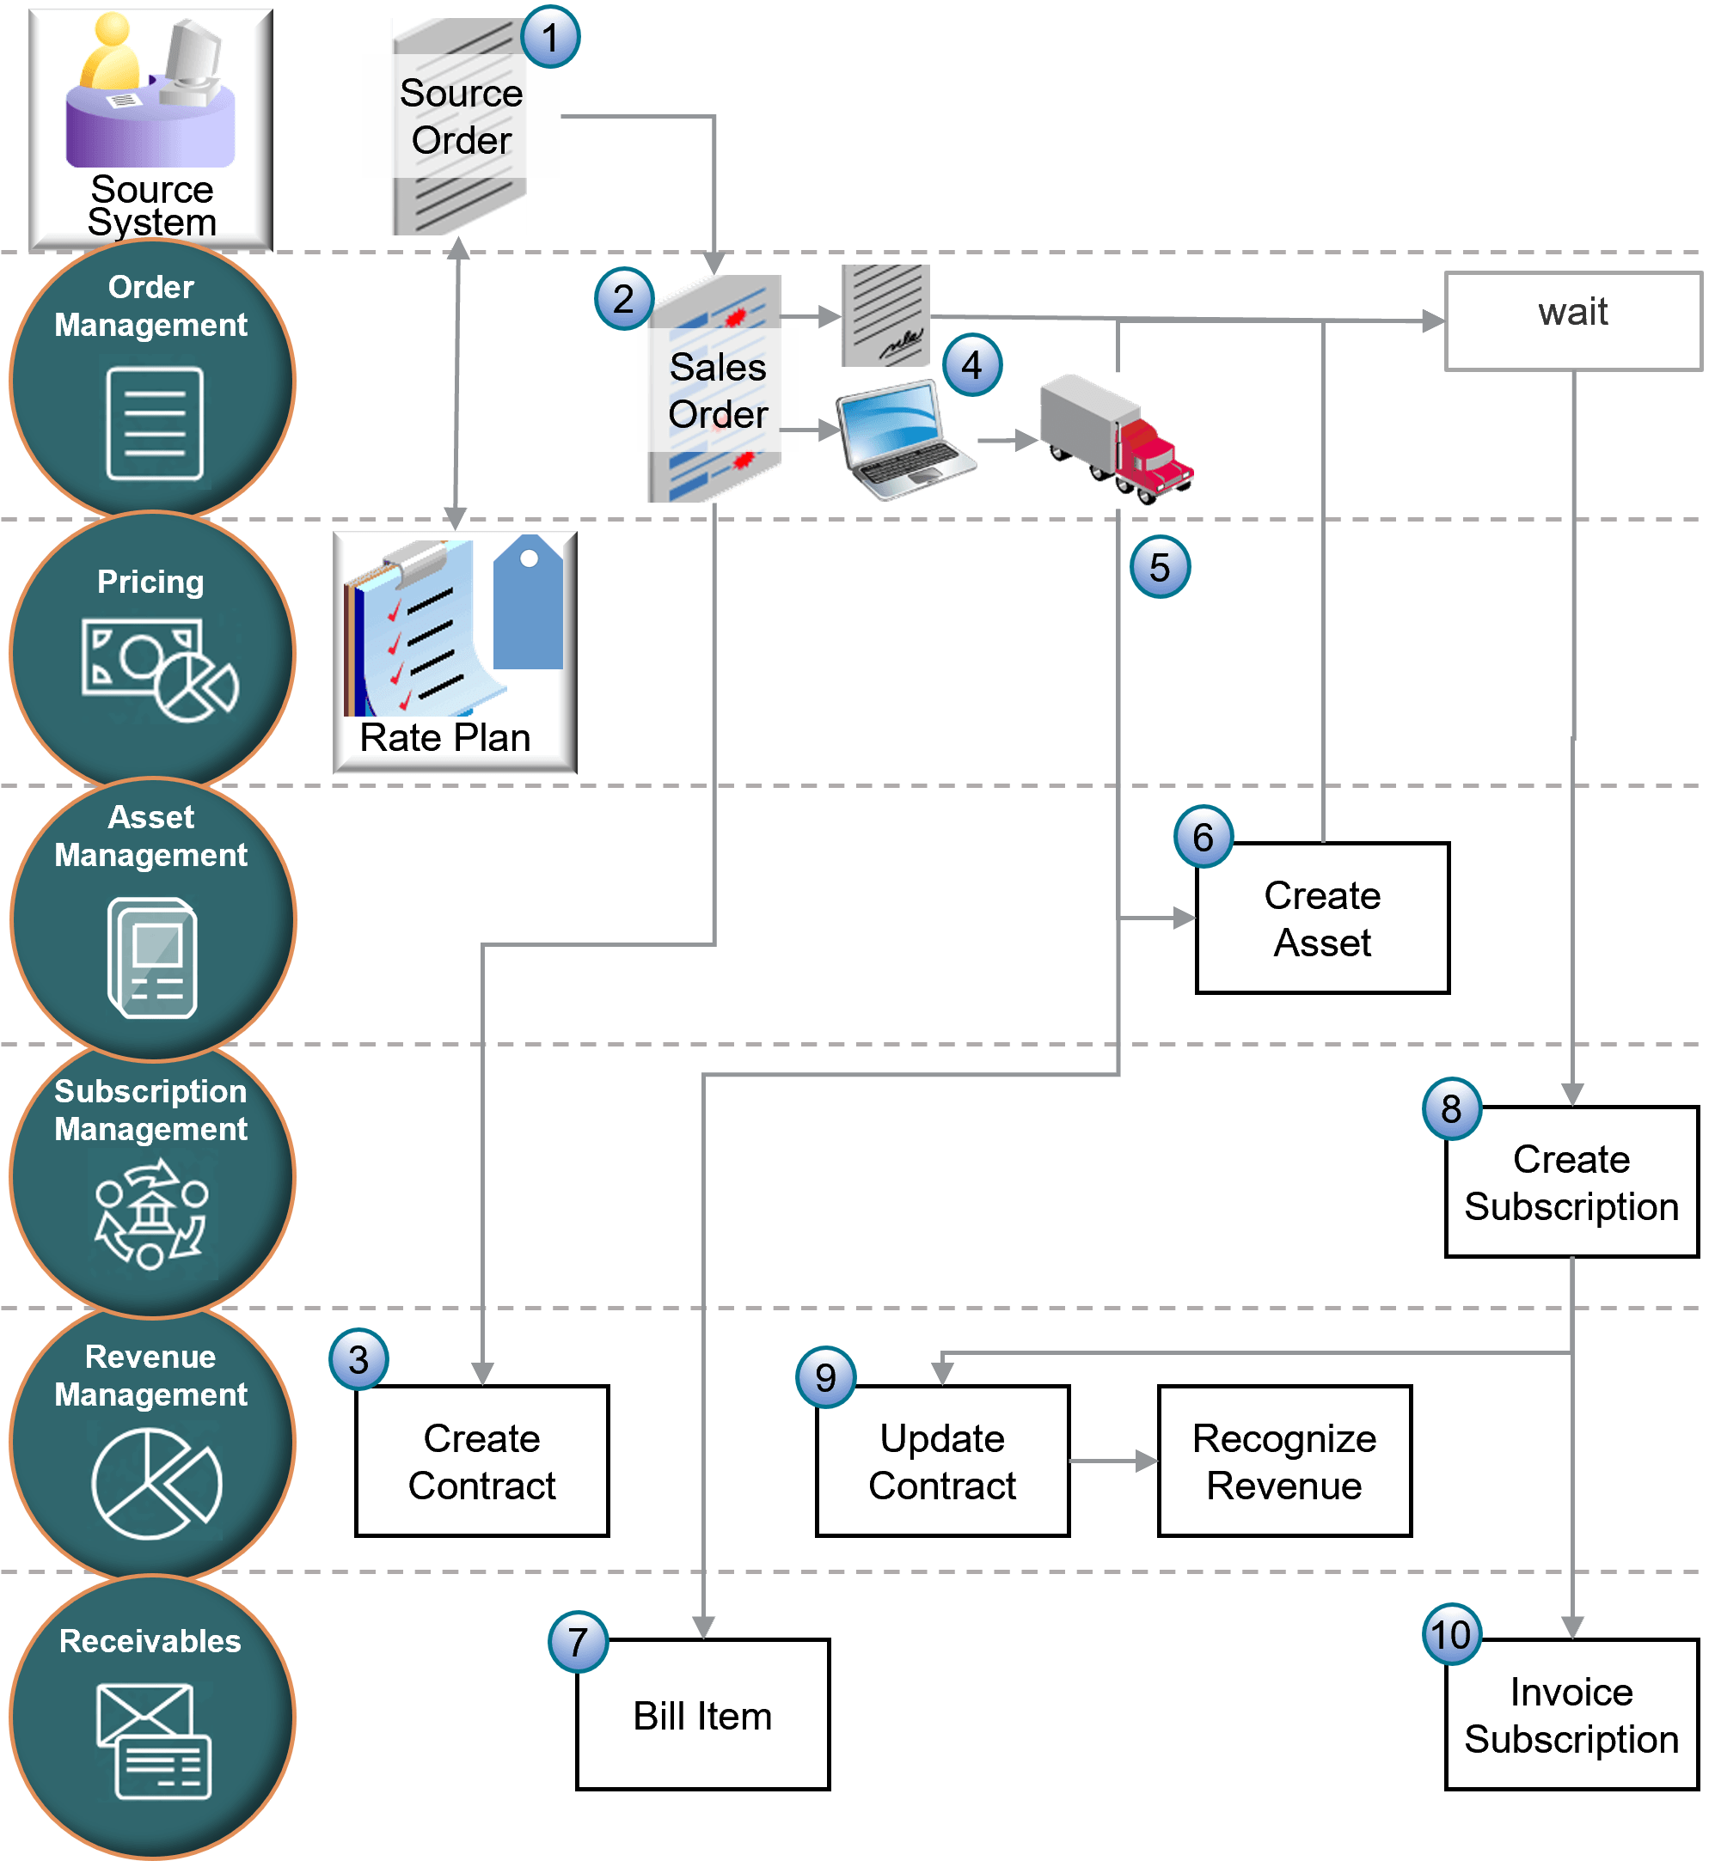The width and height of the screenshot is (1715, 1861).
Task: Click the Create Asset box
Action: pyautogui.click(x=1321, y=918)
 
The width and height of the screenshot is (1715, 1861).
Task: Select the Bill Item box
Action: pyautogui.click(x=702, y=1714)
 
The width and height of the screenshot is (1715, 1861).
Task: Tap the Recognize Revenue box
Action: pyautogui.click(x=1284, y=1461)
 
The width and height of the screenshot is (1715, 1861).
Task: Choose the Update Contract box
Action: pyautogui.click(x=942, y=1461)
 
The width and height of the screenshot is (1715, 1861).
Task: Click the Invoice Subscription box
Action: pyautogui.click(x=1571, y=1714)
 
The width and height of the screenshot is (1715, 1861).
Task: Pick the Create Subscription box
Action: pyautogui.click(x=1571, y=1182)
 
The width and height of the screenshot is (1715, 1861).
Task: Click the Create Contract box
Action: pyautogui.click(x=481, y=1461)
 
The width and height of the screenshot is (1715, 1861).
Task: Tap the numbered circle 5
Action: pyautogui.click(x=1159, y=568)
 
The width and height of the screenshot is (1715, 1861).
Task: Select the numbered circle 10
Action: pyautogui.click(x=1450, y=1635)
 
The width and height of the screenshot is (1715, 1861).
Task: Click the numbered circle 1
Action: pyautogui.click(x=550, y=38)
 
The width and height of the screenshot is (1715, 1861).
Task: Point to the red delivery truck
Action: pyautogui.click(x=1117, y=438)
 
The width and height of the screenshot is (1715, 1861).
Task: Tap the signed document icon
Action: pyautogui.click(x=885, y=315)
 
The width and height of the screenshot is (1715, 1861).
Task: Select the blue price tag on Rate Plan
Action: pyautogui.click(x=527, y=603)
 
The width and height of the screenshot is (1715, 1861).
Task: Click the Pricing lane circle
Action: pyautogui.click(x=151, y=652)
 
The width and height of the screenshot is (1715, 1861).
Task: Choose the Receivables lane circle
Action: pyautogui.click(x=151, y=1717)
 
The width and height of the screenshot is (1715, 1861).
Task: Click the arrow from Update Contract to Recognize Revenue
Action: pyautogui.click(x=1113, y=1461)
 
